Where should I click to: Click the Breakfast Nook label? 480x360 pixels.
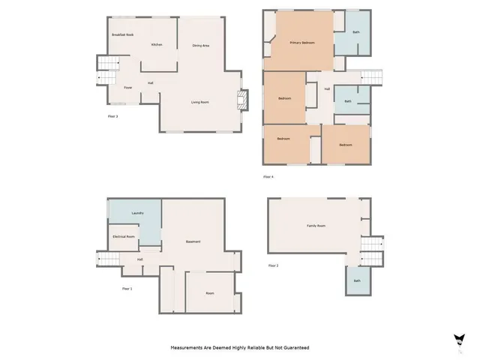123,35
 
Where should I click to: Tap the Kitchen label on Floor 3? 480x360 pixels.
157,45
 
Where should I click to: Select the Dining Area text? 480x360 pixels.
200,46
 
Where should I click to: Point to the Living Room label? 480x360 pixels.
199,102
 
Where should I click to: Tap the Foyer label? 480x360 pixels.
128,88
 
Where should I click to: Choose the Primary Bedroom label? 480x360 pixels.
302,43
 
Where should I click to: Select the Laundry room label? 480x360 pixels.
137,213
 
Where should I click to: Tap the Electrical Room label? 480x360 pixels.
124,236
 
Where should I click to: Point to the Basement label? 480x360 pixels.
193,241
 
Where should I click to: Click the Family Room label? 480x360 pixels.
316,226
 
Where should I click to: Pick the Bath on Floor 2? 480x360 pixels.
357,280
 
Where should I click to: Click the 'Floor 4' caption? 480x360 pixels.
268,176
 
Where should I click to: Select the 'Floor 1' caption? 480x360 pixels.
127,289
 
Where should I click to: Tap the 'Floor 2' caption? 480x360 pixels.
273,265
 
